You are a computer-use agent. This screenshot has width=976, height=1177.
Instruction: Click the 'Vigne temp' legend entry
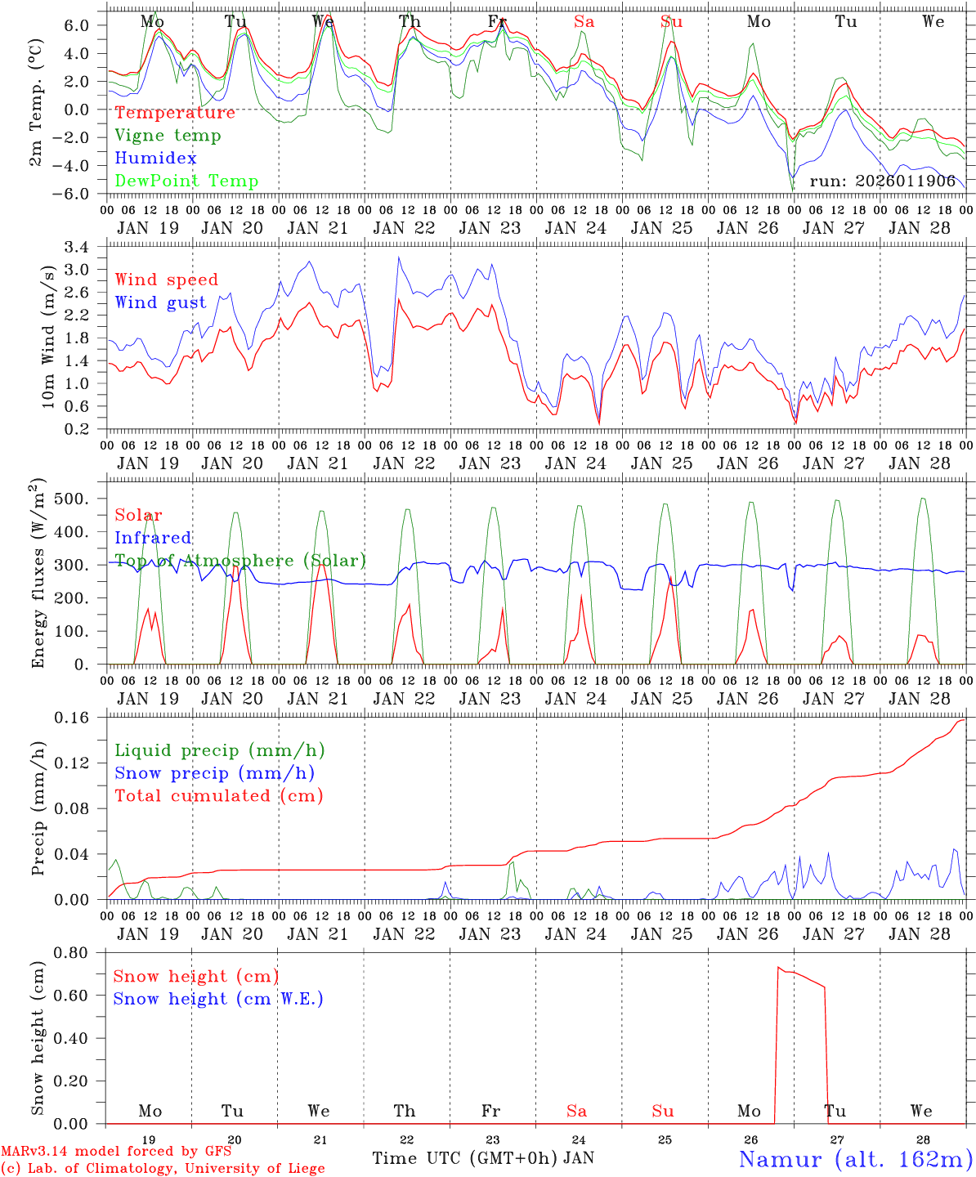(x=168, y=136)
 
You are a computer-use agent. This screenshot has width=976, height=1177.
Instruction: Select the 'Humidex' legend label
(x=155, y=159)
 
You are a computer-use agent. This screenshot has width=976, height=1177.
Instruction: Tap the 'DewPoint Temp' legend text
(x=186, y=181)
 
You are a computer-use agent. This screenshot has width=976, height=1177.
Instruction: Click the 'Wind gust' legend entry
(x=160, y=302)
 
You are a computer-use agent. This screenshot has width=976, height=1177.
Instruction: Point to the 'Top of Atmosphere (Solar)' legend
(x=240, y=561)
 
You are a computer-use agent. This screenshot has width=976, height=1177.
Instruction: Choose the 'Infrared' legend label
(x=153, y=538)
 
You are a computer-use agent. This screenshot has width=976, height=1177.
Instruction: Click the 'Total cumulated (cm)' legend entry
(x=218, y=796)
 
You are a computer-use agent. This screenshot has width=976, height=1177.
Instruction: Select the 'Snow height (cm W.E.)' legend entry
(x=218, y=999)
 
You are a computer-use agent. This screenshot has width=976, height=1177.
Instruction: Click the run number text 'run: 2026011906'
(x=882, y=181)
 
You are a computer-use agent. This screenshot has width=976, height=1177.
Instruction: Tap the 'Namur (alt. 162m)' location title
(x=855, y=1159)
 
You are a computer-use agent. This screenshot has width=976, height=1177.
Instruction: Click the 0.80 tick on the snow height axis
(x=80, y=953)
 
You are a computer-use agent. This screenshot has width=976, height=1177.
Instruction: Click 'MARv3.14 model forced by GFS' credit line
(x=115, y=1152)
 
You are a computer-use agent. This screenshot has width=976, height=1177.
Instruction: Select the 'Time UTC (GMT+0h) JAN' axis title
(x=483, y=1158)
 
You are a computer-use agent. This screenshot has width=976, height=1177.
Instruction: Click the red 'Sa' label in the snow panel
(x=576, y=1111)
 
